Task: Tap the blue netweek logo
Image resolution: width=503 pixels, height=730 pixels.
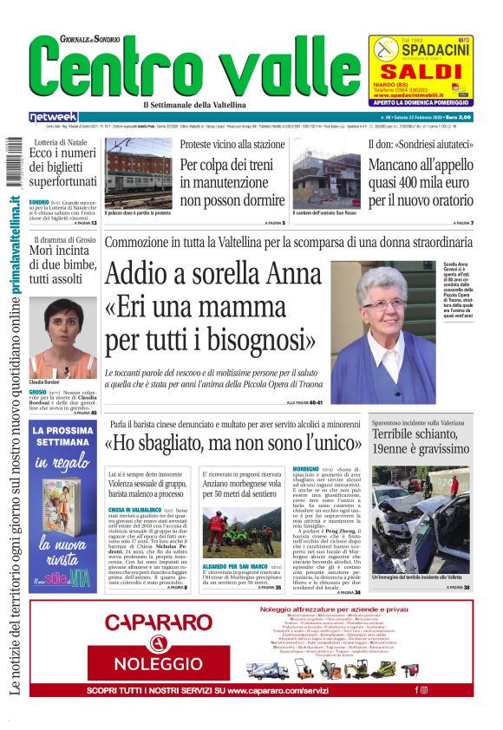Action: click(53, 117)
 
